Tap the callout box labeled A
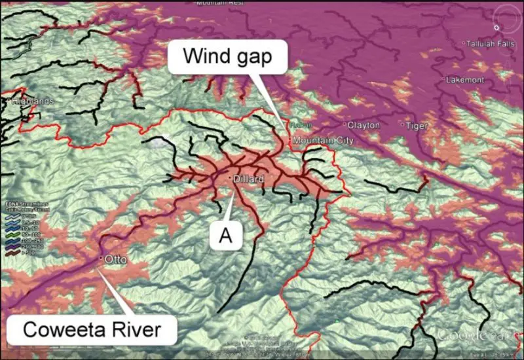(225, 236)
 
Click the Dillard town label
(250, 179)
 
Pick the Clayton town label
(364, 125)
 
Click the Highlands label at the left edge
(26, 101)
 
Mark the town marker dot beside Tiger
(402, 124)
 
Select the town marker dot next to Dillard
(230, 179)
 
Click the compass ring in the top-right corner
(497, 27)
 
